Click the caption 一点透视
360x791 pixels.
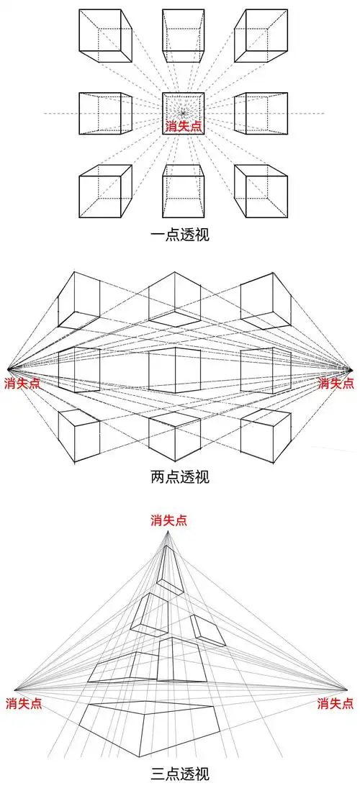click(x=180, y=235)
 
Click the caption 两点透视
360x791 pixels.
click(x=180, y=476)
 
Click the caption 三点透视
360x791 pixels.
click(x=180, y=774)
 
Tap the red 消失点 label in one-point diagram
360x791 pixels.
click(x=184, y=127)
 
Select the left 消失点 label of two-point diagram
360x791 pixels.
click(x=22, y=384)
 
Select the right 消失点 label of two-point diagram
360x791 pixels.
click(x=336, y=384)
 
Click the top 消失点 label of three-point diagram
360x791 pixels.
click(x=169, y=520)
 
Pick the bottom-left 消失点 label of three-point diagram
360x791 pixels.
click(x=23, y=702)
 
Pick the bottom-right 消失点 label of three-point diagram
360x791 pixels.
click(x=336, y=702)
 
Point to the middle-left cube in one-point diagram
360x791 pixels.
click(x=106, y=113)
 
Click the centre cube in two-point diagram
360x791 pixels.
click(x=173, y=370)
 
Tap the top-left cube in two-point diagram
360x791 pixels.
click(x=78, y=300)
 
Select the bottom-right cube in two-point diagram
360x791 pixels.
click(x=266, y=435)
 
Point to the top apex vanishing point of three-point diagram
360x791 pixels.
click(x=169, y=533)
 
